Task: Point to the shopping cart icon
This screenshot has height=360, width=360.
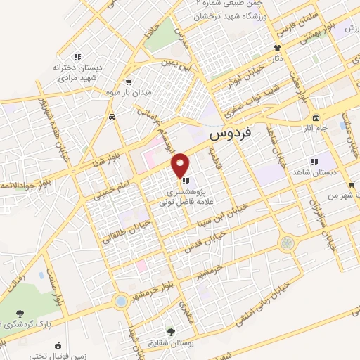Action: (x=128, y=82)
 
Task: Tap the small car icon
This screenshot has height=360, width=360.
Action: (x=112, y=118)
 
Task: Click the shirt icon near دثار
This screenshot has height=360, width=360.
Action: (x=277, y=49)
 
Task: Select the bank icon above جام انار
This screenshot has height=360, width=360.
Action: (x=316, y=117)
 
